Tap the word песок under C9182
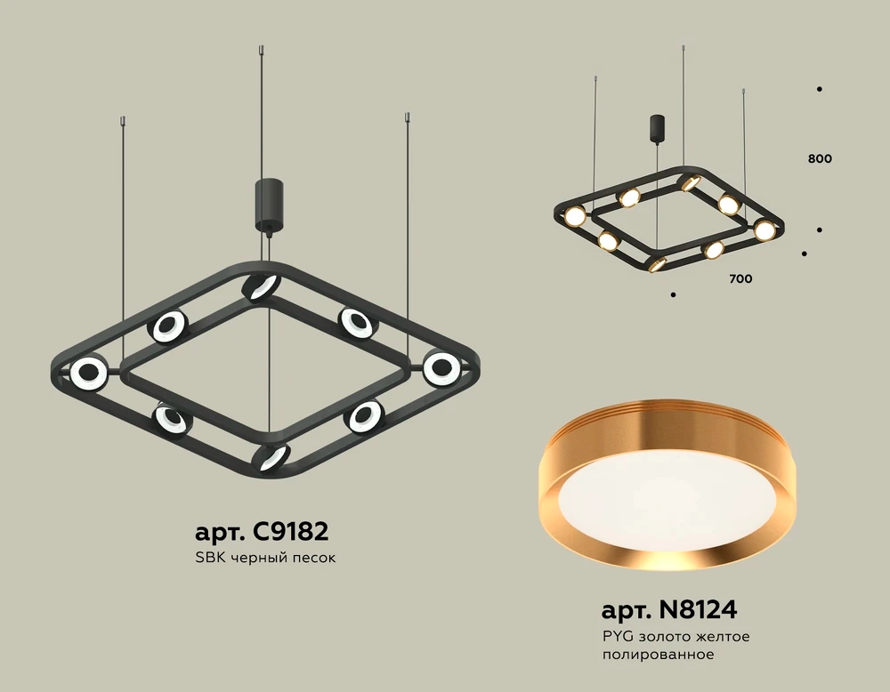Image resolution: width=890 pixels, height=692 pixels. tap(315, 559)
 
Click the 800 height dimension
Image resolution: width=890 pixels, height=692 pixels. tap(821, 159)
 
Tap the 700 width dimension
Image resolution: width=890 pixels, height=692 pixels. tap(740, 278)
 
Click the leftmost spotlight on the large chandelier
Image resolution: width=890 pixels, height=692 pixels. tap(89, 374)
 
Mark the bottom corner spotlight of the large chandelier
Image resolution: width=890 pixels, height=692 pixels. tap(271, 457)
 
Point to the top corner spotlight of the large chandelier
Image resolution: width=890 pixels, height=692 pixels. tap(261, 287)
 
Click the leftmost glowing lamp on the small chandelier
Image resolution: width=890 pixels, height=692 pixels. tap(574, 215)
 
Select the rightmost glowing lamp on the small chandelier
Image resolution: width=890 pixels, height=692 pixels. tap(765, 229)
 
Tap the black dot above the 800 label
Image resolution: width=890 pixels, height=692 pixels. tap(819, 89)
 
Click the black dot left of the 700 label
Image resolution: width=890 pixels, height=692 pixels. tap(674, 294)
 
